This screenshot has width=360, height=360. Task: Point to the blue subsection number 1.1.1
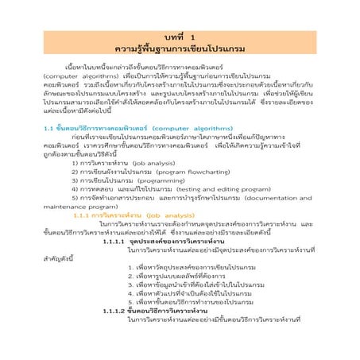[x=83, y=223]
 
